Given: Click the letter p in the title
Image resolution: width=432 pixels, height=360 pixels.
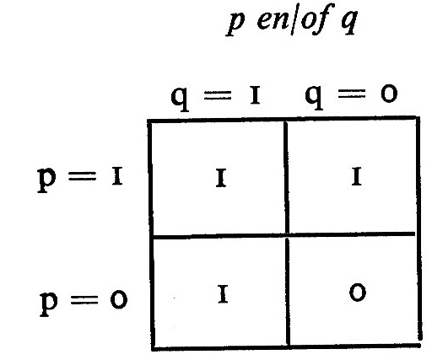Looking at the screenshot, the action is point(235,24).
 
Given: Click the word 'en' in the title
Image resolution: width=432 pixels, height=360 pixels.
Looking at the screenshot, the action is point(273,20).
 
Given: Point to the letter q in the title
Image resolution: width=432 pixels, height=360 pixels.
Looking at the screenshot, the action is point(349,23).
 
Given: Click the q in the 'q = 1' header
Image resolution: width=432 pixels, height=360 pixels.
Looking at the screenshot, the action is point(181,99).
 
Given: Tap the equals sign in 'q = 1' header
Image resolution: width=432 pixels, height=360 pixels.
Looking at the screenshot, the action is point(218,94).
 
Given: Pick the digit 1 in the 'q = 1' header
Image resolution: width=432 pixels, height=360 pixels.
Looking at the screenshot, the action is point(255,95).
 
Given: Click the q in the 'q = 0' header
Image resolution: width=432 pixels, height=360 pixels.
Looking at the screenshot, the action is point(314,97).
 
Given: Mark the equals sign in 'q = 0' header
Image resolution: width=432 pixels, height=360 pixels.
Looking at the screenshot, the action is point(352,94).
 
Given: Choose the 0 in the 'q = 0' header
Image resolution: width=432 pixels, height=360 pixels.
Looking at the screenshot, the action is point(389,94).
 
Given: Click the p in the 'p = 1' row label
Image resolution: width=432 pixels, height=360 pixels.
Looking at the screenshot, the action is point(46,180).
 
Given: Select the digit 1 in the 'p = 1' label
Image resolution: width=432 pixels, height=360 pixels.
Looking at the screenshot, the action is point(117,176).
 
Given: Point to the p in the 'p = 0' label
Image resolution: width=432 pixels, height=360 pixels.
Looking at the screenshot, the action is point(49,304).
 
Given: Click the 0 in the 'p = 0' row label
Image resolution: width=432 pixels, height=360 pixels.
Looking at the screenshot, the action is point(119,300).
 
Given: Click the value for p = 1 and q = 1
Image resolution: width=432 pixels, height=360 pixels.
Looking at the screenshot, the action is point(221,178).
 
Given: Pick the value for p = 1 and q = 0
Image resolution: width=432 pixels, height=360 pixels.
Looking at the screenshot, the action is point(357,176).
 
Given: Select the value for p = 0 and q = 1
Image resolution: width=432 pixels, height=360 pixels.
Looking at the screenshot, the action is point(223,294).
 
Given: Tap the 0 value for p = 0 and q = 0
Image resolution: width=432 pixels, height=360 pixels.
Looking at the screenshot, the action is point(358,293).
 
